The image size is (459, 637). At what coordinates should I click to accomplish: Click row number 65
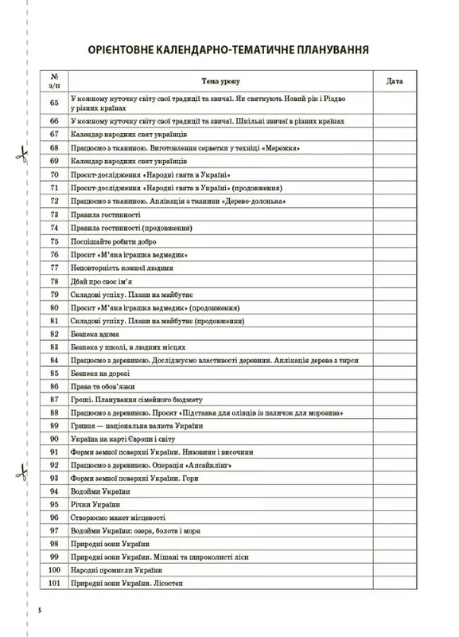(x=54, y=101)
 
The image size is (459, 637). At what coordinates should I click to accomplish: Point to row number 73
(x=54, y=214)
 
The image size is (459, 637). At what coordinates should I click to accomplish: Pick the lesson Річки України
(x=95, y=504)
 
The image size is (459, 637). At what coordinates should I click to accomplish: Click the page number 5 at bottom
(x=37, y=609)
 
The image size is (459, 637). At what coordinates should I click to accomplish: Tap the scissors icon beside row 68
(x=25, y=150)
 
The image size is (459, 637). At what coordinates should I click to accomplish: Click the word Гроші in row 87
(x=82, y=399)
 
